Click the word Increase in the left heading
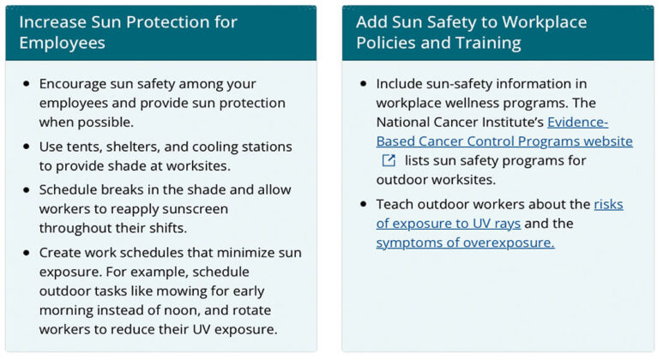[x=52, y=21]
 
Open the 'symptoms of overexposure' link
[x=465, y=243]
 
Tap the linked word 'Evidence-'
[x=577, y=122]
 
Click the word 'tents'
[x=86, y=147]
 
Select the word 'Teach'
[x=395, y=204]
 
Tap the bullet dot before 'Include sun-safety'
[x=364, y=83]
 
